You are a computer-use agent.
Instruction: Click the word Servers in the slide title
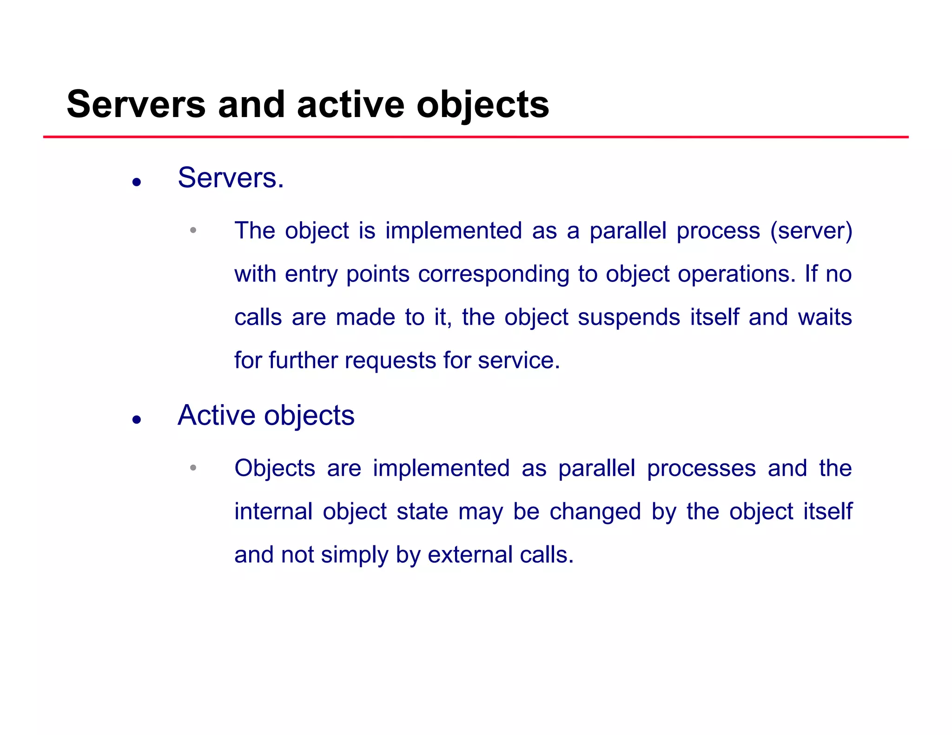pos(136,105)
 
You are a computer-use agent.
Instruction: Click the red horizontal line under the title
pos(476,137)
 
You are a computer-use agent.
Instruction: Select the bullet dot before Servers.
pos(136,182)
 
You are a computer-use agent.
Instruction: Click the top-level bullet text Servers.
pos(231,178)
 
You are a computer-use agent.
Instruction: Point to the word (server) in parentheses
pos(811,231)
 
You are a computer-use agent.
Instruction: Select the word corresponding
pos(493,274)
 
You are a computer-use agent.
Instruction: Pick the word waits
pos(825,317)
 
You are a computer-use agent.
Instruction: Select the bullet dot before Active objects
pos(136,420)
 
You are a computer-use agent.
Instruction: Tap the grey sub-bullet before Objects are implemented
pos(193,468)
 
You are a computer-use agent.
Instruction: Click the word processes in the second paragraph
pos(701,468)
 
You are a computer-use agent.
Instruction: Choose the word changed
pos(595,512)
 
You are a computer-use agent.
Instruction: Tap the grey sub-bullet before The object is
pos(193,230)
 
